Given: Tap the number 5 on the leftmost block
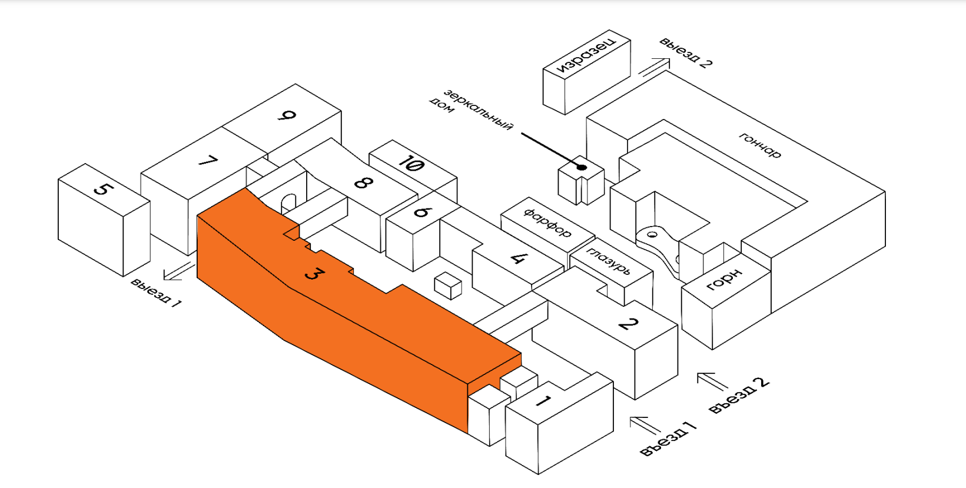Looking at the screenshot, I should pos(103,189).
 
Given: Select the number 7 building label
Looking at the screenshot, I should pos(208,160).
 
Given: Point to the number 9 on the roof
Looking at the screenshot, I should pos(287,116).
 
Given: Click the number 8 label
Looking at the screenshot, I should pos(363,182).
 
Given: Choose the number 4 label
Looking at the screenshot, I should pos(519,257).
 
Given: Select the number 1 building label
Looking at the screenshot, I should pos(543,401).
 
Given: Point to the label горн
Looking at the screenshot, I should pos(724,280).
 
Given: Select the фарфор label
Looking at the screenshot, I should pos(547,221).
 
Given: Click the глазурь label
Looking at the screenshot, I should pos(609,261).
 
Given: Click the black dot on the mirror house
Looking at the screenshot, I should pos(582,167).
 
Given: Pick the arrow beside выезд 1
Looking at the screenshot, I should pos(179,271).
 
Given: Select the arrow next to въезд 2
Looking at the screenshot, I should pos(713,381).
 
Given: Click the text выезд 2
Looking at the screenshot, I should pos(686,52).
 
